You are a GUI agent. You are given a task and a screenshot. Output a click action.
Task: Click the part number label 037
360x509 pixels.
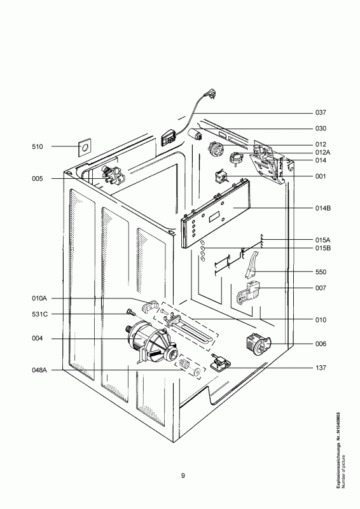pyautogui.click(x=321, y=113)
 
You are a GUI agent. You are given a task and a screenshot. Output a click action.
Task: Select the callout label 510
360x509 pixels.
pyautogui.click(x=37, y=147)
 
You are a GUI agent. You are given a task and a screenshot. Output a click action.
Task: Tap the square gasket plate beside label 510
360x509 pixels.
pyautogui.click(x=85, y=148)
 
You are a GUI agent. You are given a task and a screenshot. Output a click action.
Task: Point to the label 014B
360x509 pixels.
pyautogui.click(x=323, y=208)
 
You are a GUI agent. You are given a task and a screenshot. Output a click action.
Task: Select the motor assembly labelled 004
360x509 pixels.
pyautogui.click(x=151, y=342)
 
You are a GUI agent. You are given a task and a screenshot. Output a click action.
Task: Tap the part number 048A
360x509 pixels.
pyautogui.click(x=39, y=370)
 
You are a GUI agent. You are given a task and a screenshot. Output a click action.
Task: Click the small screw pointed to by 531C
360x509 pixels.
pyautogui.click(x=130, y=312)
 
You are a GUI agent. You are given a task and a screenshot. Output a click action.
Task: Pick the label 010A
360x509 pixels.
pyautogui.click(x=39, y=298)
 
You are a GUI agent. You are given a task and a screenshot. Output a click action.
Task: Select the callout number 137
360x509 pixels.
pyautogui.click(x=321, y=368)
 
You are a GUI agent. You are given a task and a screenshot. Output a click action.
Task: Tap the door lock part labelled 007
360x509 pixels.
pyautogui.click(x=249, y=293)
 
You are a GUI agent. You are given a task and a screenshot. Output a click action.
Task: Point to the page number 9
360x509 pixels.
pyautogui.click(x=183, y=476)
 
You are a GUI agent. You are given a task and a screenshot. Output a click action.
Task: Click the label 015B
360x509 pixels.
pyautogui.click(x=323, y=248)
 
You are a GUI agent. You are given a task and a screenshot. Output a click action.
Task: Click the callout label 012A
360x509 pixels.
pyautogui.click(x=323, y=153)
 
